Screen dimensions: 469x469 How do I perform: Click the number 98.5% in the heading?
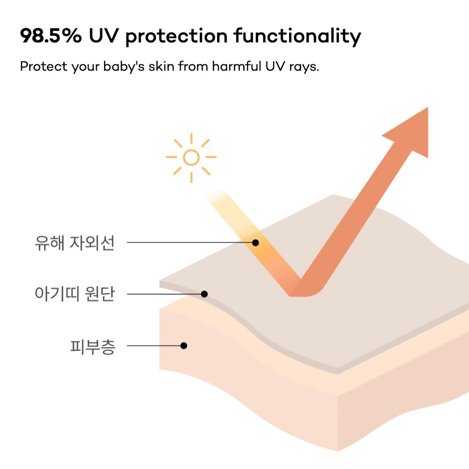(51, 36)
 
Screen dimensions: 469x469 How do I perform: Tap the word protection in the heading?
(176, 37)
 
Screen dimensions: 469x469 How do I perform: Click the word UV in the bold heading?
(104, 36)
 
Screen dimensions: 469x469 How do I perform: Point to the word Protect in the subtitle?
(43, 66)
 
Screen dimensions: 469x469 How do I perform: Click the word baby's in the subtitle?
(124, 66)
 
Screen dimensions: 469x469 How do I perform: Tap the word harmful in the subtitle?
(236, 66)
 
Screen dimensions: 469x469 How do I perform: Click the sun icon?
(191, 158)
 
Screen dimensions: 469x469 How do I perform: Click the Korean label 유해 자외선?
(74, 242)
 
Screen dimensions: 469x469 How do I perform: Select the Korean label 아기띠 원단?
(75, 294)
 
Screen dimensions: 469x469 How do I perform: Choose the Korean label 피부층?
(93, 347)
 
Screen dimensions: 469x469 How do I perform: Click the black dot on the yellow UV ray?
(255, 242)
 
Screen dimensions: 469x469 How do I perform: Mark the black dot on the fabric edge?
(204, 294)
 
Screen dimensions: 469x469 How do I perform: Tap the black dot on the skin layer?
(183, 346)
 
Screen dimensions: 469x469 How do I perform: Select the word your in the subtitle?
(85, 67)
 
